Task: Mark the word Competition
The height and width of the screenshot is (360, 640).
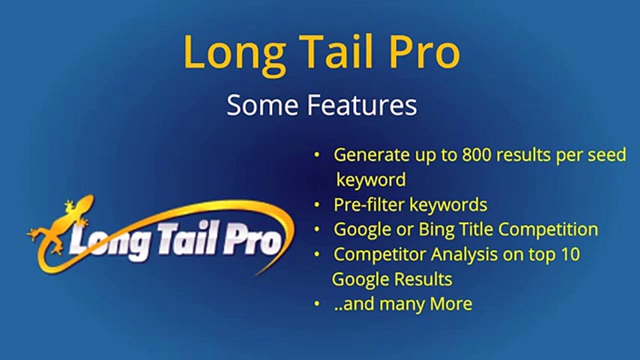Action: tap(548, 229)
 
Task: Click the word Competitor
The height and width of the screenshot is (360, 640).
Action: tap(379, 254)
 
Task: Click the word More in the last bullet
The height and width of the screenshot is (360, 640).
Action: tap(452, 304)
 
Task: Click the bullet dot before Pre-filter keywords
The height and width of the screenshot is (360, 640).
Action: tap(317, 205)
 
